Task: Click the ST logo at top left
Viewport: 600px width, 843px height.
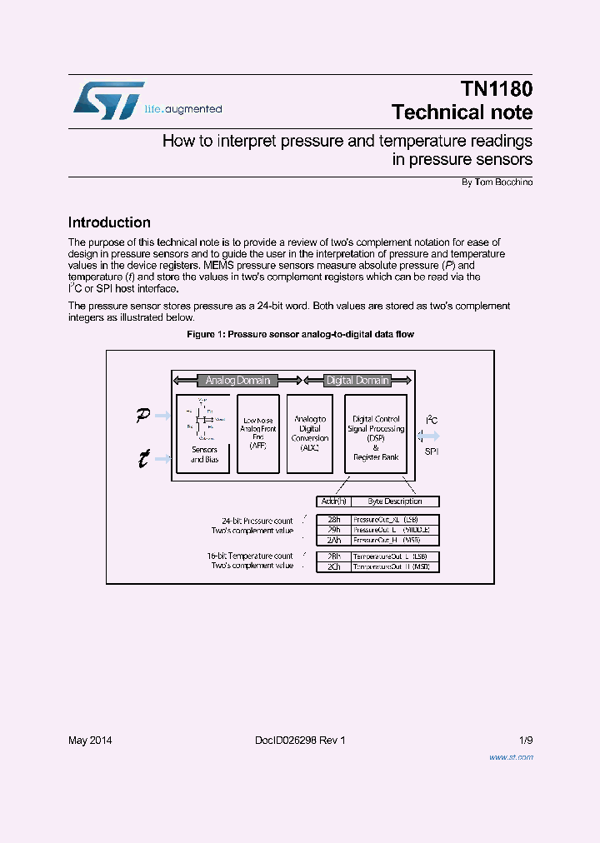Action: (108, 100)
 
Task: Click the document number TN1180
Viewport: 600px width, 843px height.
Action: (496, 89)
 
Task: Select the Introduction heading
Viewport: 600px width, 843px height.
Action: (109, 222)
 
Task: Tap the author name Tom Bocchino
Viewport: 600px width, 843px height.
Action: (502, 182)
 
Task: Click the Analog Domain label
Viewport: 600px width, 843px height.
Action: (237, 381)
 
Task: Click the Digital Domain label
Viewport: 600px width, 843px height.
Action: (357, 381)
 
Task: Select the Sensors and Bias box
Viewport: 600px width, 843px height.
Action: (204, 433)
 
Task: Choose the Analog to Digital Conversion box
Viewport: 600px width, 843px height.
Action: (310, 433)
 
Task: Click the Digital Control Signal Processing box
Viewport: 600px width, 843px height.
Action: (376, 433)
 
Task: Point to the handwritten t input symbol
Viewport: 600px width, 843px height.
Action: (143, 457)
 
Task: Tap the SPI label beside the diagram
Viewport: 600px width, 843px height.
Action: (431, 451)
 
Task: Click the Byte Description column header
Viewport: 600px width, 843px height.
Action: (395, 501)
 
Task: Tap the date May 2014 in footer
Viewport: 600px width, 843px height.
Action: (90, 741)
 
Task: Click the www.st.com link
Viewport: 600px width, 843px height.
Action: (510, 757)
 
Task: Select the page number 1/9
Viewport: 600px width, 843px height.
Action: (525, 741)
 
